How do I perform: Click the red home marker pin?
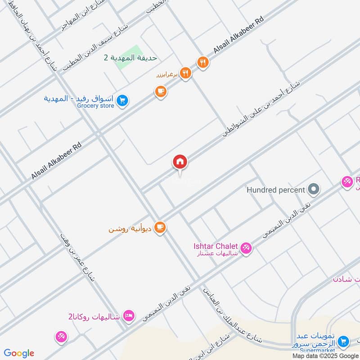pyautogui.click(x=180, y=162)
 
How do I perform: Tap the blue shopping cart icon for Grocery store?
pyautogui.click(x=121, y=101)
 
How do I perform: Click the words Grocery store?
pyautogui.click(x=95, y=106)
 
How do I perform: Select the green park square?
pyautogui.click(x=130, y=58)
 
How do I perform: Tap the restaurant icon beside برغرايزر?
pyautogui.click(x=185, y=73)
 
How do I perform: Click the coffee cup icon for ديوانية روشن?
pyautogui.click(x=159, y=228)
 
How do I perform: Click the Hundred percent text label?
pyautogui.click(x=276, y=190)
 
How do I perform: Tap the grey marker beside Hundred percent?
pyautogui.click(x=315, y=189)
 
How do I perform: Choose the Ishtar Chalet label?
pyautogui.click(x=216, y=246)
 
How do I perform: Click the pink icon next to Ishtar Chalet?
pyautogui.click(x=246, y=247)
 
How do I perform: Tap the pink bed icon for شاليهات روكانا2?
pyautogui.click(x=128, y=315)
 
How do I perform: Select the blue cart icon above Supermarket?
pyautogui.click(x=343, y=341)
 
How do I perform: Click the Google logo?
pyautogui.click(x=19, y=353)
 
